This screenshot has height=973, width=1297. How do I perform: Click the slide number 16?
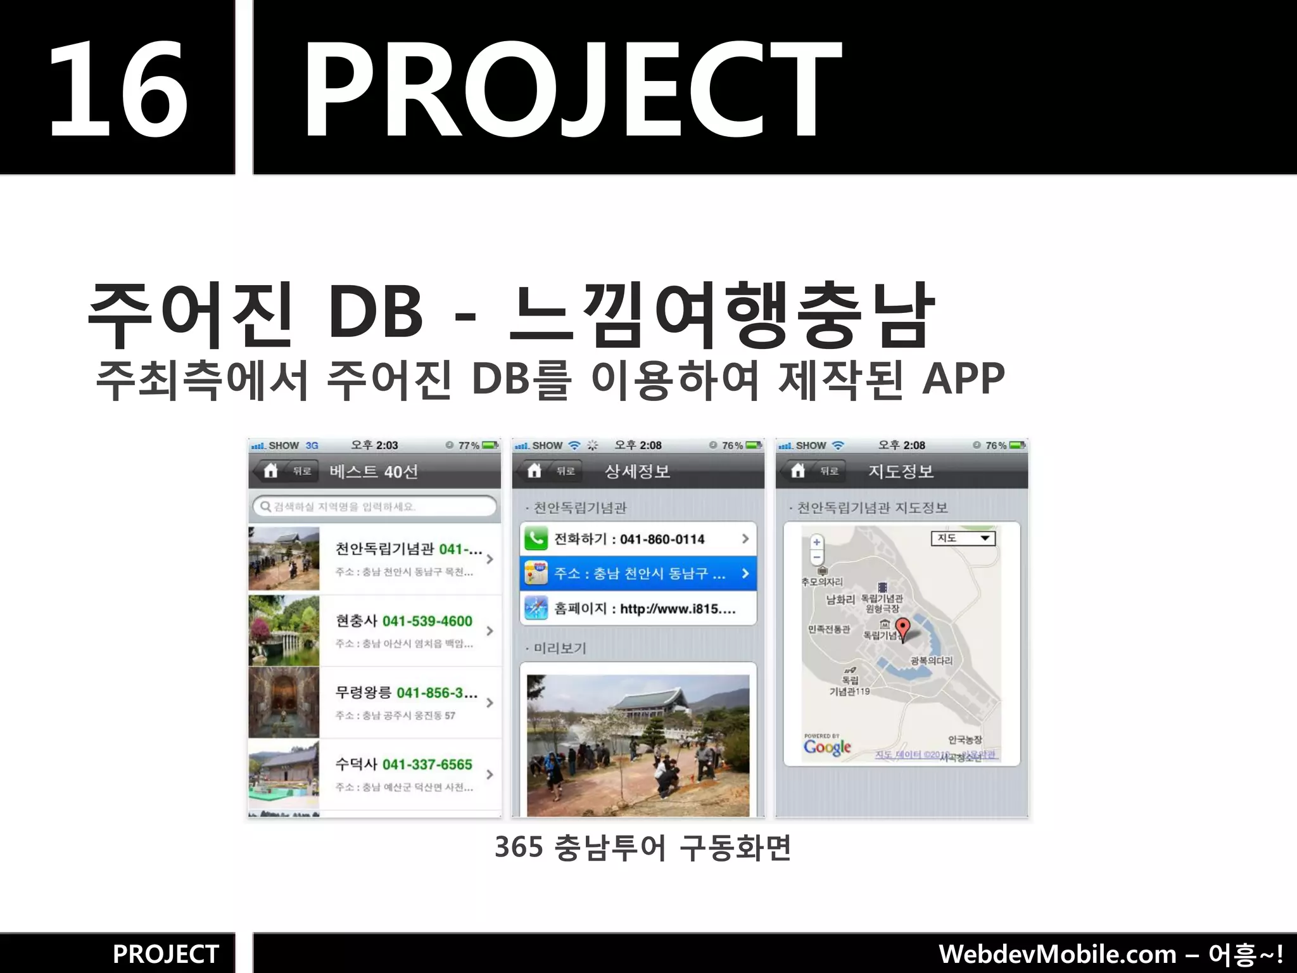click(x=118, y=89)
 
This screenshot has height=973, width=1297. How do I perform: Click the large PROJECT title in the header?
click(x=573, y=89)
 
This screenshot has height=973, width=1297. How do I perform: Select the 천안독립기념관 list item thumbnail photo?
click(x=284, y=558)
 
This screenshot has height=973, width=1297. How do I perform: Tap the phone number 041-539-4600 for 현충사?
click(x=427, y=621)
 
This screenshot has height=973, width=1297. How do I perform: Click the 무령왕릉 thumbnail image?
click(x=284, y=702)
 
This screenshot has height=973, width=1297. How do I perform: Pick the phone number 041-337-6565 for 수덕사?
click(x=427, y=765)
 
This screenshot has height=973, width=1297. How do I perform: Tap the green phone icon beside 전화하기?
click(x=536, y=539)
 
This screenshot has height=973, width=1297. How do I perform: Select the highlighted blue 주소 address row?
click(x=638, y=573)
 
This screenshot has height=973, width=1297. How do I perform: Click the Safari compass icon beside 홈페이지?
click(x=536, y=608)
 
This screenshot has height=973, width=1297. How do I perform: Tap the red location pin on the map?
click(x=903, y=628)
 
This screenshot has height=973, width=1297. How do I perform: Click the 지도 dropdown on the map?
click(x=963, y=538)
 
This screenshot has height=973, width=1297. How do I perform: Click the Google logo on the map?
click(x=827, y=747)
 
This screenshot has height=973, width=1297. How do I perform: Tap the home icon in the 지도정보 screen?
click(x=798, y=471)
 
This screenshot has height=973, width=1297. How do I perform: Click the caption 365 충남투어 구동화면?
click(x=643, y=848)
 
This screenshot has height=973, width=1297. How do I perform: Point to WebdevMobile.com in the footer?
click(x=1057, y=954)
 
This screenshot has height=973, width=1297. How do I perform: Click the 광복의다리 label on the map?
click(x=931, y=661)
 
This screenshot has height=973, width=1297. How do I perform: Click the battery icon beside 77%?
click(x=490, y=445)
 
